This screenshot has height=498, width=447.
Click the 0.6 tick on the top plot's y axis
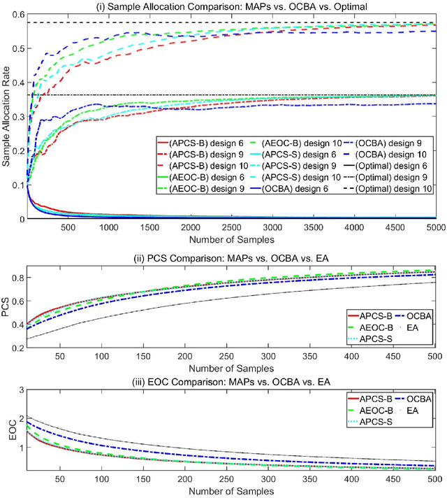pos(16,15)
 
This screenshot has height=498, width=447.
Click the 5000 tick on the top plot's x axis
pos(434,227)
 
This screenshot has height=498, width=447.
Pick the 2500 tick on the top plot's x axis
pos(230,227)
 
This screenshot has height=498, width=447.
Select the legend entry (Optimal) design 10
pos(387,190)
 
